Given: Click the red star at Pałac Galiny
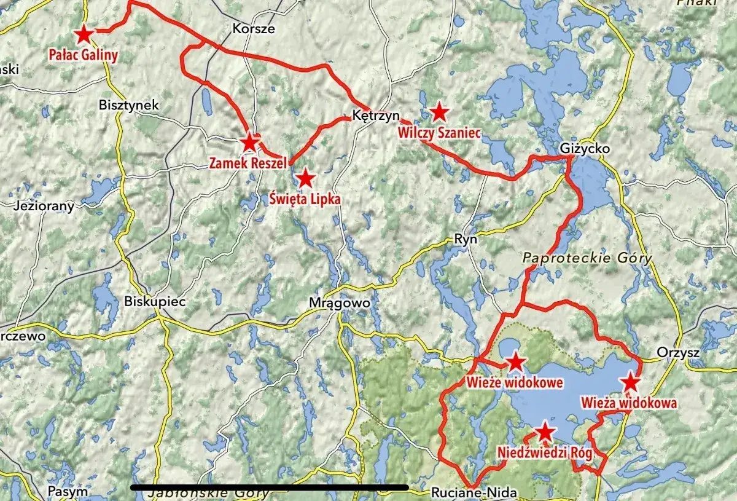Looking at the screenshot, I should [x=82, y=34].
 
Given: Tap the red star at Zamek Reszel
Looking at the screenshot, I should [x=249, y=143].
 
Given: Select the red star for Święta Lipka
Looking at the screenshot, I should [x=305, y=179].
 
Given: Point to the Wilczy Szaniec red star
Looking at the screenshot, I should [x=439, y=112].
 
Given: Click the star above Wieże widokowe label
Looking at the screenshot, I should [x=515, y=362].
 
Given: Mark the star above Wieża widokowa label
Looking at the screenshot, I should [x=631, y=383].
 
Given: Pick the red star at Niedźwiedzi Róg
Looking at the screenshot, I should [x=545, y=432].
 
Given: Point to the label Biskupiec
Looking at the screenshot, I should [x=146, y=302].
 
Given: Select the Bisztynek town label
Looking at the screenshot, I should [x=128, y=105].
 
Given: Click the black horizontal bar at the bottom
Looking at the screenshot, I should [x=270, y=487].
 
